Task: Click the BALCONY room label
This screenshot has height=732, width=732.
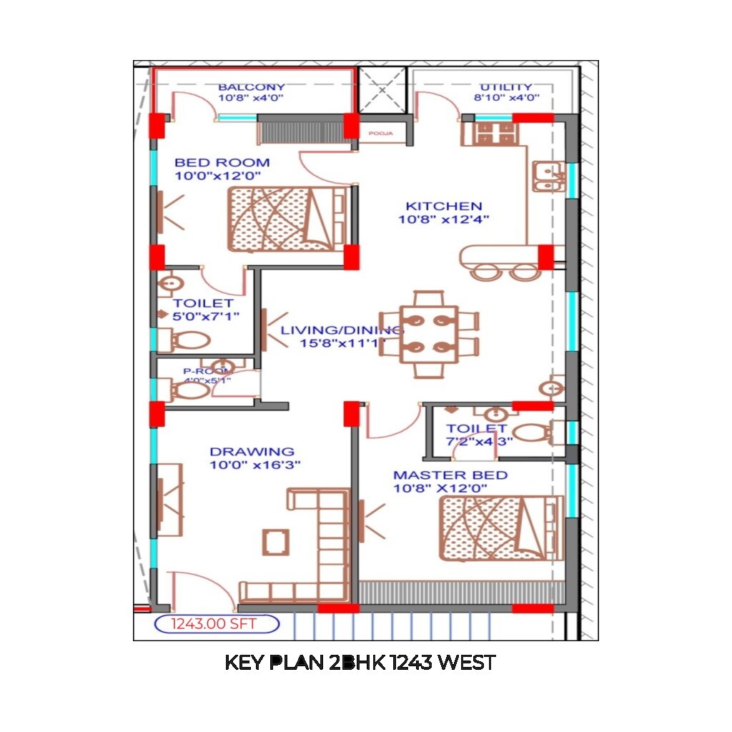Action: pyautogui.click(x=251, y=87)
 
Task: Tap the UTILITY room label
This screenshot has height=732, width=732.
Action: pyautogui.click(x=507, y=87)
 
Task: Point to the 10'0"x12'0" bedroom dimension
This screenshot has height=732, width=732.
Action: pyautogui.click(x=217, y=175)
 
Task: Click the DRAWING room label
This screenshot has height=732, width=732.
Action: pyautogui.click(x=252, y=452)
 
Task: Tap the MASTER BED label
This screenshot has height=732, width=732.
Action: pyautogui.click(x=450, y=475)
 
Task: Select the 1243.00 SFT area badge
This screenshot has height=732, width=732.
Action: pyautogui.click(x=216, y=624)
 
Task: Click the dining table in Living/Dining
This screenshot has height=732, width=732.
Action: pyautogui.click(x=428, y=333)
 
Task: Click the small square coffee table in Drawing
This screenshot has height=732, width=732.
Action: pyautogui.click(x=275, y=541)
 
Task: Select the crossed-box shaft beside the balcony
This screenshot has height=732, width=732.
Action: pyautogui.click(x=382, y=90)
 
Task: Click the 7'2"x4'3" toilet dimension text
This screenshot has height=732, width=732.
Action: pyautogui.click(x=480, y=441)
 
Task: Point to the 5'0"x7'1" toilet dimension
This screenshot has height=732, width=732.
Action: pyautogui.click(x=206, y=315)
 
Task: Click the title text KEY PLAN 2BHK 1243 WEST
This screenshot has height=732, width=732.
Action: pyautogui.click(x=360, y=663)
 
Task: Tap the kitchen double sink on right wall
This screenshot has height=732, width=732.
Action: pyautogui.click(x=549, y=177)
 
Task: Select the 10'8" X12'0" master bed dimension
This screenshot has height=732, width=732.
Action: pyautogui.click(x=440, y=488)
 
